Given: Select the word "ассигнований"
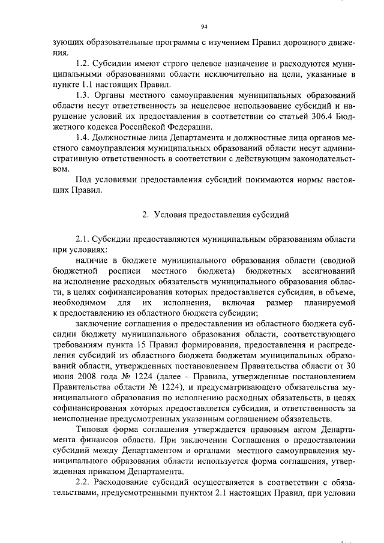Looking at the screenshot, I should (326, 271).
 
